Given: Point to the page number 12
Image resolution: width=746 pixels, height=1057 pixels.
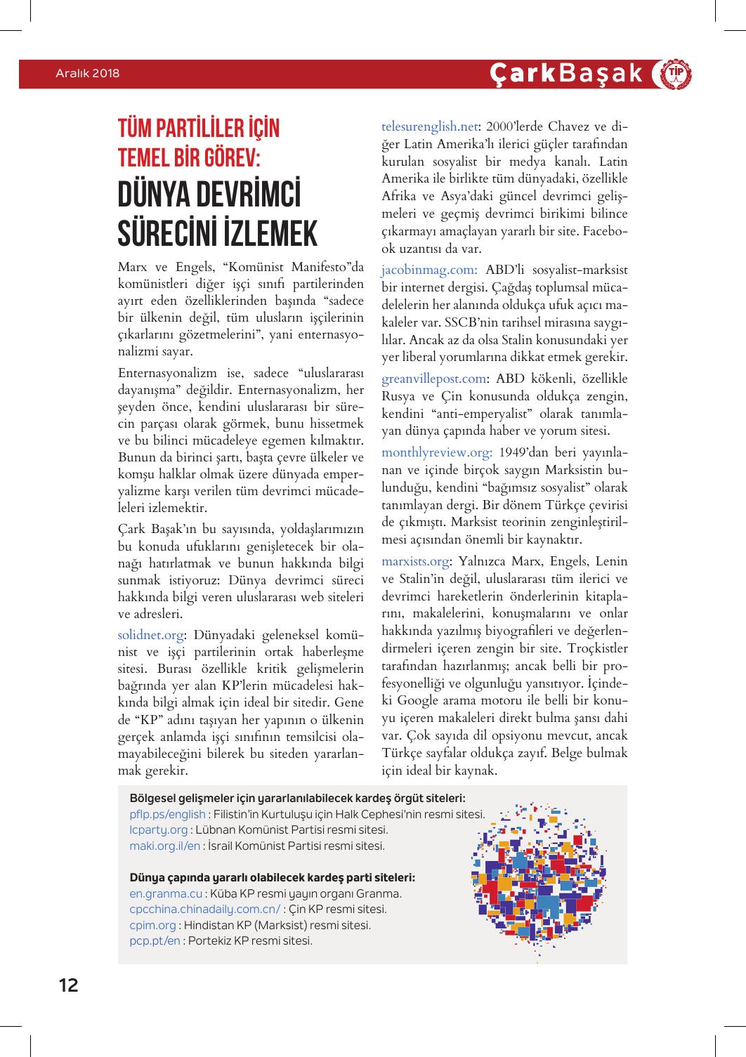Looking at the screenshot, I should (68, 985).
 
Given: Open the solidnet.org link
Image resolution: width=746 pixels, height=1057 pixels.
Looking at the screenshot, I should (151, 635).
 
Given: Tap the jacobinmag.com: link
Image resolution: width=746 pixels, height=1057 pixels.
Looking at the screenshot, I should (429, 270).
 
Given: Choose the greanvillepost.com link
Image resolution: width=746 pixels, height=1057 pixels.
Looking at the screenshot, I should (433, 379).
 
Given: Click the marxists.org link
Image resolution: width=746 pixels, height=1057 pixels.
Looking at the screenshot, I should (415, 561).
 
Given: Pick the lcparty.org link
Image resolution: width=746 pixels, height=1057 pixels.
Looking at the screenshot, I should (159, 830).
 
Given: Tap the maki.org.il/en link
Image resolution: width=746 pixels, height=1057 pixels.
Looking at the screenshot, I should (165, 846).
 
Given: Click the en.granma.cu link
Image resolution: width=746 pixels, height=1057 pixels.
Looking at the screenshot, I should (166, 894).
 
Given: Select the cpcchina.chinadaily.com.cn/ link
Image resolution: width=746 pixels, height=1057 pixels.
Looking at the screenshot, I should (205, 910).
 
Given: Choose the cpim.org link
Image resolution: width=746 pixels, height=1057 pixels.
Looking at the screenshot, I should (153, 925).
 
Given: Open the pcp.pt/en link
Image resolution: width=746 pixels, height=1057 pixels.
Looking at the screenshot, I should (155, 940).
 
